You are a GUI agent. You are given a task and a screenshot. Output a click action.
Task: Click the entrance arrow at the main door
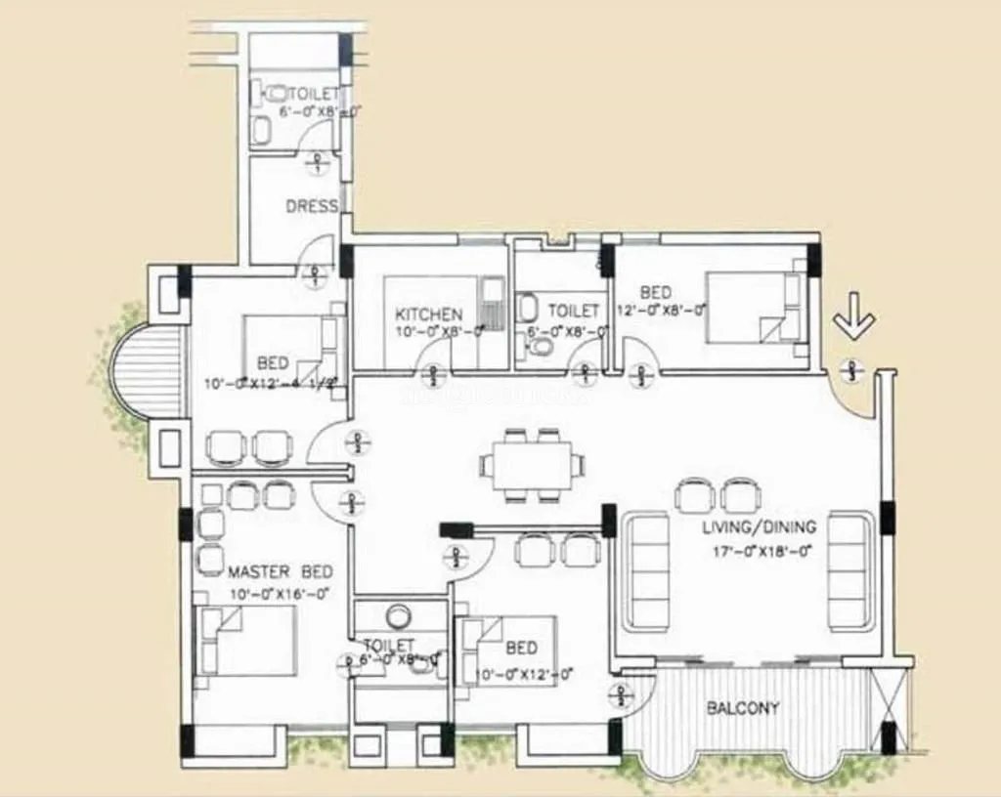pyautogui.click(x=855, y=323)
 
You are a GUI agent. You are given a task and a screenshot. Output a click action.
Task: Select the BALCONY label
pyautogui.click(x=743, y=708)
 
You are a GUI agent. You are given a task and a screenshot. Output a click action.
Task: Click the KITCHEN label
pyautogui.click(x=428, y=315)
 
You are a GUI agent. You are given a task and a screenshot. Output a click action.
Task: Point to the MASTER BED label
pyautogui.click(x=280, y=571)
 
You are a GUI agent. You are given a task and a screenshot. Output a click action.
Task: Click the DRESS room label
pyautogui.click(x=312, y=207)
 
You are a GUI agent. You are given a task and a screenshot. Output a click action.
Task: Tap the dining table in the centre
pyautogui.click(x=533, y=465)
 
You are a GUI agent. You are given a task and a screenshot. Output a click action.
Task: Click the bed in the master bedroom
pyautogui.click(x=245, y=640)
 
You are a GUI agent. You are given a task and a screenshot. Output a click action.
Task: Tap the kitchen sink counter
pyautogui.click(x=494, y=305)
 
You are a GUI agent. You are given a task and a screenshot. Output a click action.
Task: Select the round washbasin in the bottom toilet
pyautogui.click(x=398, y=616)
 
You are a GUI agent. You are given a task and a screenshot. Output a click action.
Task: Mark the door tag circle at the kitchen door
pyautogui.click(x=432, y=371)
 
